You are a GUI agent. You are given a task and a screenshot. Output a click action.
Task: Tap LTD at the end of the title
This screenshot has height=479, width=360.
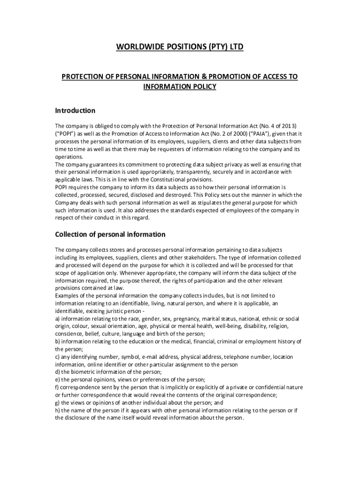[236, 47]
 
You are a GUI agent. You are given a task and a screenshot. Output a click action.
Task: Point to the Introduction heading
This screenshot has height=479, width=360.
[75, 111]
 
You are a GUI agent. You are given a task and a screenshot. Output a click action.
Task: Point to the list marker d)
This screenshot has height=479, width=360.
[58, 372]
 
